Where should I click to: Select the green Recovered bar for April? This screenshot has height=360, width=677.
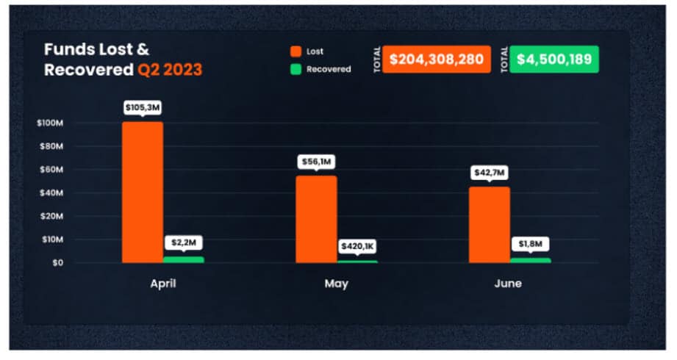[184, 259]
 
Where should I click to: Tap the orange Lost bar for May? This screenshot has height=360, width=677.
[316, 219]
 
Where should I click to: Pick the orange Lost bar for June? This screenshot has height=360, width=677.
[490, 224]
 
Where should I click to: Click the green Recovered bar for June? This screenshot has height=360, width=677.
[530, 260]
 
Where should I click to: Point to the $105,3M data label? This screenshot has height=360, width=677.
[143, 108]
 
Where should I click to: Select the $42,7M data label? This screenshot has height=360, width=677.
[490, 173]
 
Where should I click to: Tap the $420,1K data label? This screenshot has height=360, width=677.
[358, 246]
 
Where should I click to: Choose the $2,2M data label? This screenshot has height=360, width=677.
[184, 242]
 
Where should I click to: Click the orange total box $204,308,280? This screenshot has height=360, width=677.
[437, 60]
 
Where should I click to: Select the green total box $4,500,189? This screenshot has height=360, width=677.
[554, 60]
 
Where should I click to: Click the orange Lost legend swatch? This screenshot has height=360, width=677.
[295, 51]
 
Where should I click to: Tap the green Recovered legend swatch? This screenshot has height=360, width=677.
[295, 69]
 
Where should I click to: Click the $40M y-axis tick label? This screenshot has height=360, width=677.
[51, 192]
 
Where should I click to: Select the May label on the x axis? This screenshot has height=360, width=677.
[337, 283]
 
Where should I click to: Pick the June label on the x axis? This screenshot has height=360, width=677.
[508, 283]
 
